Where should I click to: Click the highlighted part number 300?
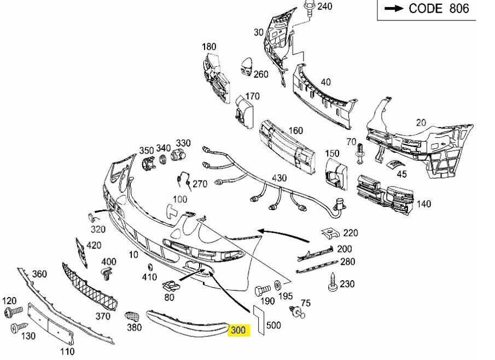click(x=238, y=330)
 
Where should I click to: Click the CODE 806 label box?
click(x=427, y=10)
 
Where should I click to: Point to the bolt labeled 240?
click(x=308, y=8)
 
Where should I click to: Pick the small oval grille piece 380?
click(x=131, y=316)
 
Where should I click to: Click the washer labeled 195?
click(x=277, y=286)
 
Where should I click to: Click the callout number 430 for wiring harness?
click(x=279, y=178)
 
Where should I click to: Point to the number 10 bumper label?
click(x=133, y=255)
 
